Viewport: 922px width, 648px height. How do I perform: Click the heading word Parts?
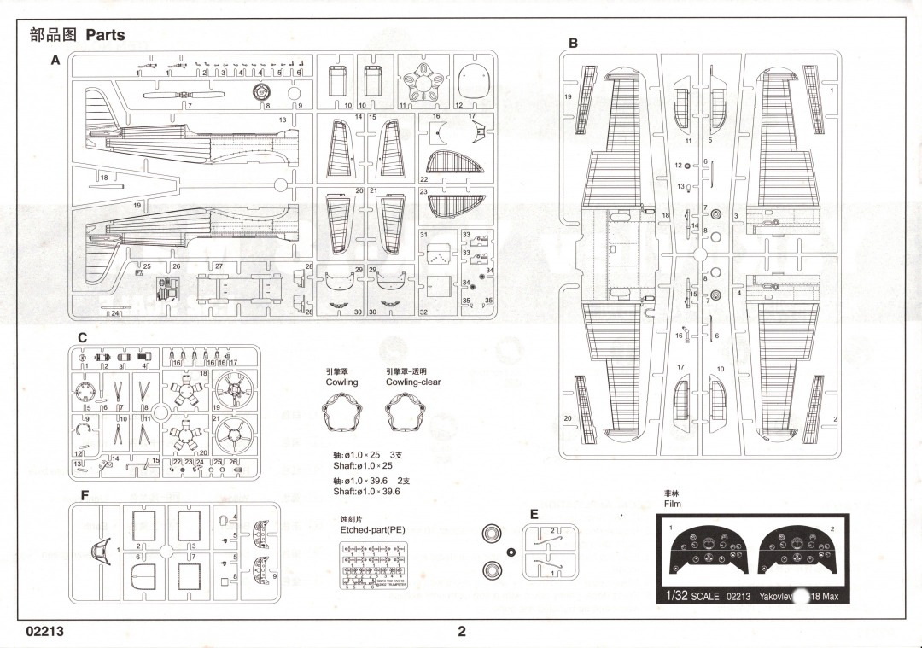(x=105, y=35)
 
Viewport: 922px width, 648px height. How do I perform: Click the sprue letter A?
(x=55, y=61)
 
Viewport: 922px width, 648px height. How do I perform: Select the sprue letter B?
(x=574, y=43)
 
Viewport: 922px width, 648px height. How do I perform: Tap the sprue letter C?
(x=82, y=338)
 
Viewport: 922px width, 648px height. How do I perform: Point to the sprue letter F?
(x=85, y=495)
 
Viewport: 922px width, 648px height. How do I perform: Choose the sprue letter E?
(x=534, y=514)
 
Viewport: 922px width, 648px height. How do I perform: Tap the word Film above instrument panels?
(x=673, y=504)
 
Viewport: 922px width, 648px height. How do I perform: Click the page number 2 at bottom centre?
(x=462, y=632)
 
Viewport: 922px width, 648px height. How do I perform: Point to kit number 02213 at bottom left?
(x=44, y=632)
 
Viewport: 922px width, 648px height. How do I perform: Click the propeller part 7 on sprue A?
(x=170, y=96)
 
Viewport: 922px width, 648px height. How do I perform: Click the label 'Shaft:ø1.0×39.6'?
(x=366, y=492)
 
